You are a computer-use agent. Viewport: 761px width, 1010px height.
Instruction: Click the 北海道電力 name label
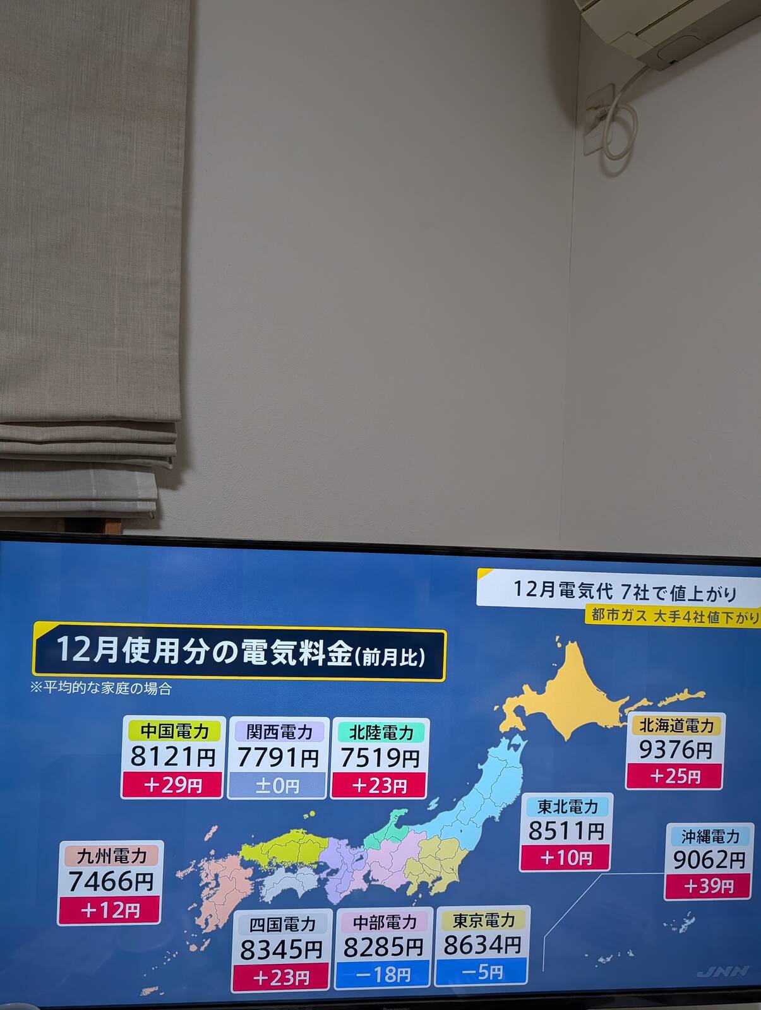(676, 725)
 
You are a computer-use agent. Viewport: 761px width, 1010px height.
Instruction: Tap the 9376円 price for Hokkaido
(675, 750)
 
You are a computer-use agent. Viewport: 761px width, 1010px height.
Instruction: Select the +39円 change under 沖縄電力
(708, 886)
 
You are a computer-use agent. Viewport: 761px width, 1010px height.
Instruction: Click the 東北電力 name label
(566, 806)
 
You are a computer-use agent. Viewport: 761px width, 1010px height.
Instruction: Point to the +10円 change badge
(565, 857)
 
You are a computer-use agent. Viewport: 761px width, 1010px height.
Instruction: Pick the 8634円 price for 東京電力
(482, 946)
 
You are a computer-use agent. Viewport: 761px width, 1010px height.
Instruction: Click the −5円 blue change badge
(481, 972)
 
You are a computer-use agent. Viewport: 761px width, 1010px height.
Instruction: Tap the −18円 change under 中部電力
(383, 975)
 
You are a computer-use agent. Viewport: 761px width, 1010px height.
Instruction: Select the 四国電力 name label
(282, 925)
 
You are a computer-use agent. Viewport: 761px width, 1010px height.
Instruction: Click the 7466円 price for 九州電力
(111, 881)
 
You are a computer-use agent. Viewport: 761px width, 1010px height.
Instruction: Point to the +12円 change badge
(109, 910)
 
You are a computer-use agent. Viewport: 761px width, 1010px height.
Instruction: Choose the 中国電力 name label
(174, 731)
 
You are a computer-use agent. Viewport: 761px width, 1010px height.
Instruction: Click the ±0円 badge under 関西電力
(277, 786)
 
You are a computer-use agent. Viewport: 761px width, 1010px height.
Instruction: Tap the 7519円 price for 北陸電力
(380, 758)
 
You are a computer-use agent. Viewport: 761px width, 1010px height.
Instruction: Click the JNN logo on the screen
(723, 971)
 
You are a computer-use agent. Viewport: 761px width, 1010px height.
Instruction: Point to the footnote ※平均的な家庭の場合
(101, 688)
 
